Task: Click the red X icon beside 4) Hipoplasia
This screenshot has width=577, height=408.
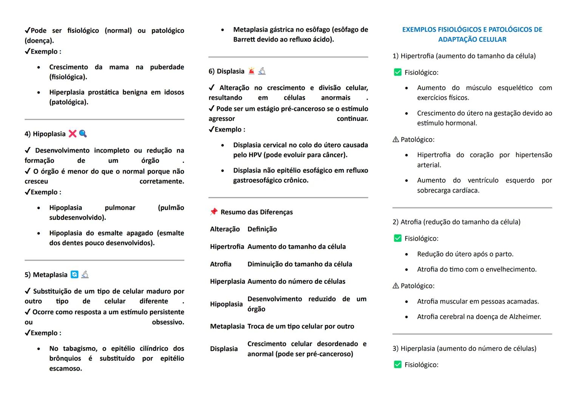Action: [x=73, y=134]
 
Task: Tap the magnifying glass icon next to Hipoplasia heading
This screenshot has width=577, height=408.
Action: [x=83, y=134]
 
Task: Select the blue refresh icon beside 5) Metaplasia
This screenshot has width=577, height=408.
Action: [x=75, y=275]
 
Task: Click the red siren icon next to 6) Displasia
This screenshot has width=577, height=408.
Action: [x=252, y=71]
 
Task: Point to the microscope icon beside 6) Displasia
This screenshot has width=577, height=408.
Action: [x=262, y=71]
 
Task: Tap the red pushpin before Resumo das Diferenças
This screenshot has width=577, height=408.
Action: [x=214, y=212]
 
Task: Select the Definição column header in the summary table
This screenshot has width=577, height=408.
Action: [x=262, y=229]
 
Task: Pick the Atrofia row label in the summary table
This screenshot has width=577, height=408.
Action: [x=221, y=264]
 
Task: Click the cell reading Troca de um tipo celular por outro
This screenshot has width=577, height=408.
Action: [x=301, y=326]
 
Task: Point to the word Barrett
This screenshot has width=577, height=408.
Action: [x=244, y=39]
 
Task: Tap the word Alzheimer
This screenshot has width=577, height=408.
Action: [x=524, y=317]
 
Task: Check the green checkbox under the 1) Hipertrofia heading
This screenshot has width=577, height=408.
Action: [x=398, y=72]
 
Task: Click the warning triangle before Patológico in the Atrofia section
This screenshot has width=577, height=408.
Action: [x=396, y=286]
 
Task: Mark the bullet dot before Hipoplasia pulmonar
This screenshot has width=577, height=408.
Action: [x=39, y=208]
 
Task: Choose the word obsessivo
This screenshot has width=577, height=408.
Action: [x=168, y=322]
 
